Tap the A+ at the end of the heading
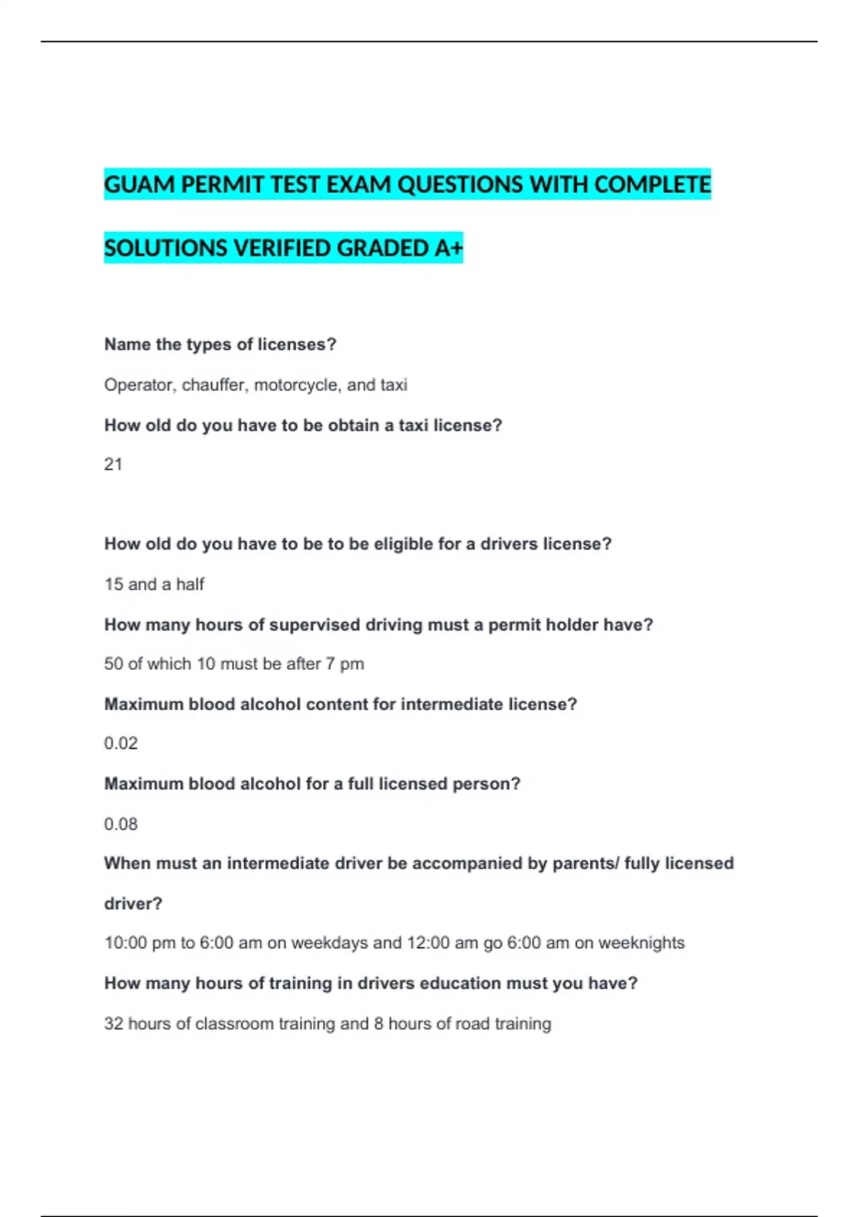pyautogui.click(x=449, y=248)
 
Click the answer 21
pyautogui.click(x=113, y=465)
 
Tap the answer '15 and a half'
pyautogui.click(x=154, y=584)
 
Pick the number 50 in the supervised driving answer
pyautogui.click(x=113, y=664)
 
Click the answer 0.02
pyautogui.click(x=120, y=743)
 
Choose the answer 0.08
pyautogui.click(x=120, y=824)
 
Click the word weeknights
pyautogui.click(x=641, y=943)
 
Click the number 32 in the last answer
pyautogui.click(x=113, y=1024)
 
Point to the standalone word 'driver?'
pyautogui.click(x=133, y=903)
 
